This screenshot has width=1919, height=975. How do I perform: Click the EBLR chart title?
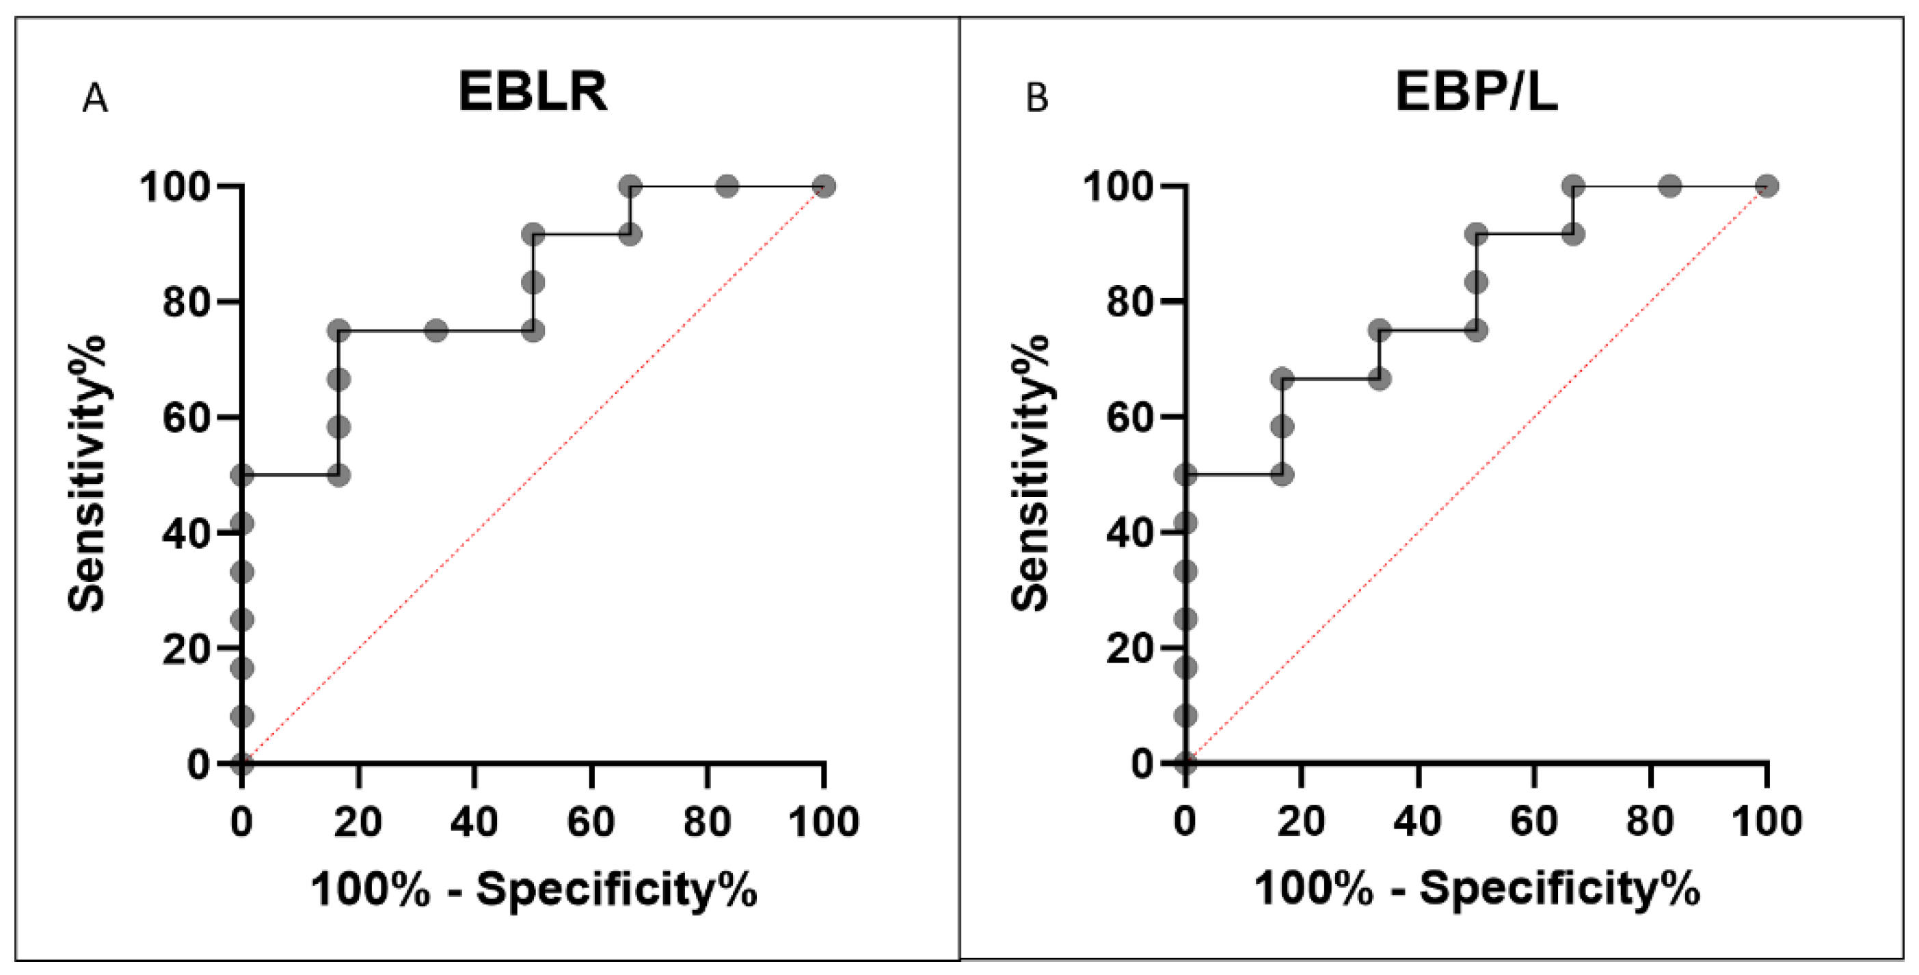pyautogui.click(x=532, y=92)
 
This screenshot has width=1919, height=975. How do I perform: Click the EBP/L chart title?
pyautogui.click(x=1476, y=92)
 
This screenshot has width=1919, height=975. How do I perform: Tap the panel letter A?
pyautogui.click(x=94, y=98)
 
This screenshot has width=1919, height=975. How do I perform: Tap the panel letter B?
pyautogui.click(x=1037, y=98)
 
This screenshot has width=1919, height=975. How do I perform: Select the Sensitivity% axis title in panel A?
pyautogui.click(x=87, y=474)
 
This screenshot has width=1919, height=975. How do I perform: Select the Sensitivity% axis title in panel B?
pyautogui.click(x=1030, y=474)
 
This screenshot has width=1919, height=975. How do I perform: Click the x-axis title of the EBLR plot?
pyautogui.click(x=533, y=890)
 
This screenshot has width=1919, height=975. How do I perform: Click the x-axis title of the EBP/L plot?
pyautogui.click(x=1477, y=890)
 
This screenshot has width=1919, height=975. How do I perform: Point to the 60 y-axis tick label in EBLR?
pyautogui.click(x=185, y=418)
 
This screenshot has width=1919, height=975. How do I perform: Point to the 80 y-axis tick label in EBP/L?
pyautogui.click(x=1129, y=302)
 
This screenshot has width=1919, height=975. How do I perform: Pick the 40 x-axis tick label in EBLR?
pyautogui.click(x=474, y=823)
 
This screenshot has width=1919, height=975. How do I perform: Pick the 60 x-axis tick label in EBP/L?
pyautogui.click(x=1534, y=823)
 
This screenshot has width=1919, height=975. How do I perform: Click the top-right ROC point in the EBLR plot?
pyautogui.click(x=823, y=185)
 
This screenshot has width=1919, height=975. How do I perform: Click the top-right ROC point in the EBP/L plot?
pyautogui.click(x=1767, y=185)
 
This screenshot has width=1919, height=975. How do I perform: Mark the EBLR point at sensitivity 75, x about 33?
pyautogui.click(x=437, y=330)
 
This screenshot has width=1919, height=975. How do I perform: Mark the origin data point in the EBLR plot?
pyautogui.click(x=241, y=764)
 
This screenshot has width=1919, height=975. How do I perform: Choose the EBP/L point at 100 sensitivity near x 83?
pyautogui.click(x=1670, y=185)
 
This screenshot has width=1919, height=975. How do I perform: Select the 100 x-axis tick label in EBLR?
pyautogui.click(x=823, y=823)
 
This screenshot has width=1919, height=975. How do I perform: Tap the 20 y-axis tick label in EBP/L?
pyautogui.click(x=1129, y=650)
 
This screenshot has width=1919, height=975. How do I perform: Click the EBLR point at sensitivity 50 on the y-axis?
pyautogui.click(x=241, y=475)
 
